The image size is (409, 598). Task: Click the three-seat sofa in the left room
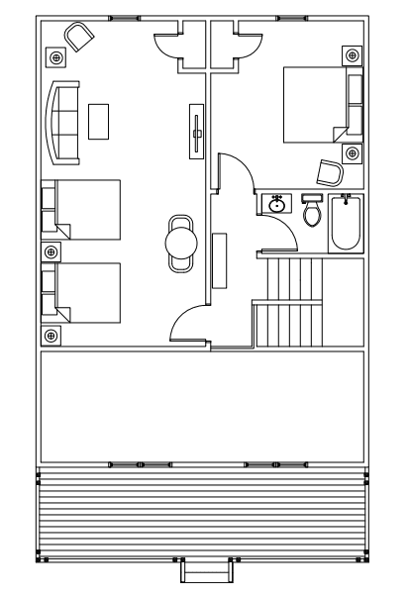[64, 123]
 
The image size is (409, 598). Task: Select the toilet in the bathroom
[313, 213]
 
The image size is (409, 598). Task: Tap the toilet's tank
[313, 198]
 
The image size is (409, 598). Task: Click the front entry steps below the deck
[204, 571]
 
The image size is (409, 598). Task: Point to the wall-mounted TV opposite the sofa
[198, 128]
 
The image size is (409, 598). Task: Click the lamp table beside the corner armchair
[54, 57]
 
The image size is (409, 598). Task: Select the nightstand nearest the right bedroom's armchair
[352, 152]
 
